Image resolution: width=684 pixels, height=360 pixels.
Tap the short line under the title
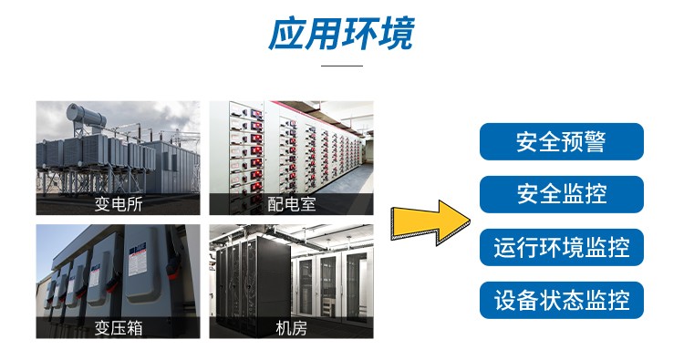pos(343,66)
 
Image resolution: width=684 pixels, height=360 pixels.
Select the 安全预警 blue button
pos(561,141)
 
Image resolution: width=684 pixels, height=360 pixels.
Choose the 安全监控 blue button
pos(561,194)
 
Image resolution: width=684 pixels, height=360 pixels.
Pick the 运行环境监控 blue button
pos(561,247)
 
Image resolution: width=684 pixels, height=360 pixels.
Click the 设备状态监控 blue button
pos(561,300)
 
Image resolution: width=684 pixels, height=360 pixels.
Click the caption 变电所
pos(118,204)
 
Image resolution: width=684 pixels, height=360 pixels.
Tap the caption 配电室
pos(291,204)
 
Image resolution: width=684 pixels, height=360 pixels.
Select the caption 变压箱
pos(118,327)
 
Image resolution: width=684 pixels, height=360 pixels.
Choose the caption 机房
pos(291,327)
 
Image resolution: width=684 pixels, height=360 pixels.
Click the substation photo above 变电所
pos(118,146)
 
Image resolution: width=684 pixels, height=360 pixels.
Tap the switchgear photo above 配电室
pos(291,146)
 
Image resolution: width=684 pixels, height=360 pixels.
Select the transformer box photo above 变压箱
pos(118,270)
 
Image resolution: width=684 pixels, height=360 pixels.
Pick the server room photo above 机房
pos(291,270)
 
